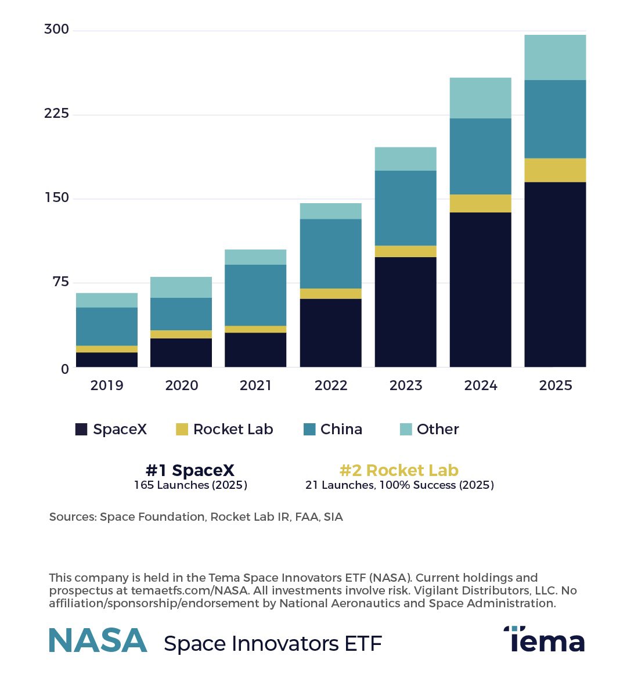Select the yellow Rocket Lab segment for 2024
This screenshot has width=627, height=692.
point(480,203)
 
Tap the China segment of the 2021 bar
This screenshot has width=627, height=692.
point(255,295)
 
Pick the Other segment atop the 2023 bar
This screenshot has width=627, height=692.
point(405,158)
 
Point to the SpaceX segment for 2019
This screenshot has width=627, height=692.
point(107,359)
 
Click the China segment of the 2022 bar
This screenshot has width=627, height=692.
point(330,253)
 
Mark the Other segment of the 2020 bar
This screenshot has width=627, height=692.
point(181,287)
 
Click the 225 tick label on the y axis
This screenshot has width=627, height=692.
point(56,113)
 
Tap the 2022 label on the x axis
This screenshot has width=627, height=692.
point(331,385)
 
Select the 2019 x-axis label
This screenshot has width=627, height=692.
point(107,385)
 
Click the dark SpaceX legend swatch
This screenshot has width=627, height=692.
point(81,430)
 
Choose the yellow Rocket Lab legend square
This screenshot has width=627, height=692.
point(182,430)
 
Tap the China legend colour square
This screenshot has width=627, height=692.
point(309,430)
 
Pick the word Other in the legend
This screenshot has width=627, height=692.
point(438,430)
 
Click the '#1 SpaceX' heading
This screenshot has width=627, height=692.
point(190,470)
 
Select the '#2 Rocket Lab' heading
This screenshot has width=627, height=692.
point(399,470)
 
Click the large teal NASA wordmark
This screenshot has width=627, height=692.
point(98,640)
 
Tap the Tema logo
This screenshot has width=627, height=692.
point(544,640)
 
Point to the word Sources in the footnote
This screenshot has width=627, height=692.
point(72,517)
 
